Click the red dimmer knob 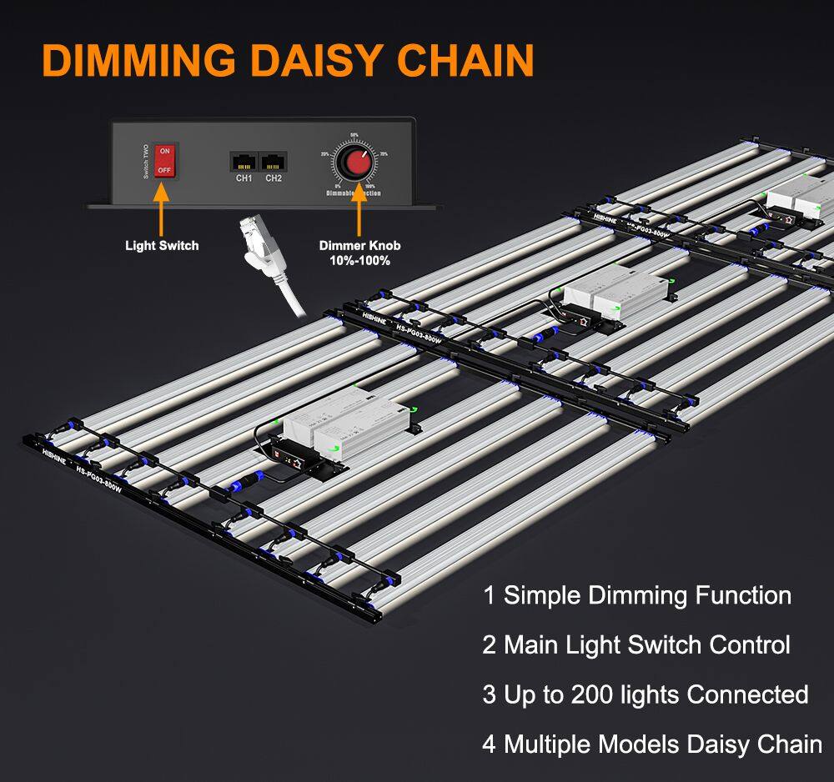(357, 163)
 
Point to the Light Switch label (162, 245)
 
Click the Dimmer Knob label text (359, 245)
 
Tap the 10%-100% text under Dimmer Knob (359, 260)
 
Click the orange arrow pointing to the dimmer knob (359, 208)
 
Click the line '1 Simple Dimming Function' (637, 595)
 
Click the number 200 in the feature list (594, 694)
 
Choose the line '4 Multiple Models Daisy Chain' (652, 743)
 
